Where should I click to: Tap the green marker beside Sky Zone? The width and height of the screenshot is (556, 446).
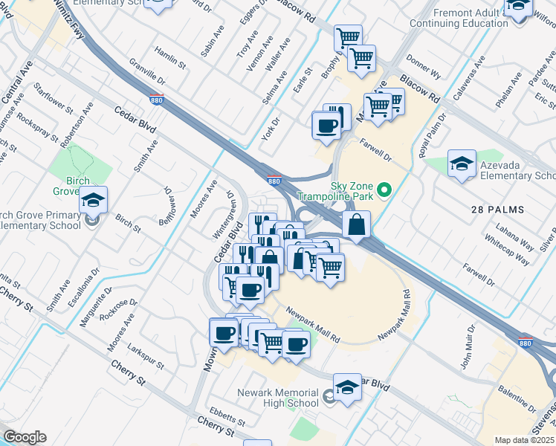(384, 190)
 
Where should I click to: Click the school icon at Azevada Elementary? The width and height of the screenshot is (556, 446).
(462, 164)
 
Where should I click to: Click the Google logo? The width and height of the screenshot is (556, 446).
(25, 437)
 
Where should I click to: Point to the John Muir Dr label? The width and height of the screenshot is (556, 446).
(467, 347)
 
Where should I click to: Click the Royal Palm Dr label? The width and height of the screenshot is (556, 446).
(433, 136)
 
